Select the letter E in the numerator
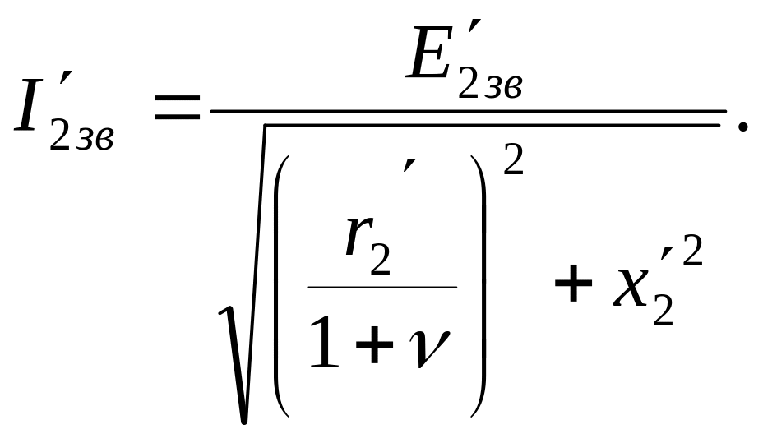(x=432, y=56)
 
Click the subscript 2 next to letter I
(x=60, y=136)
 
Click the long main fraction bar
(x=469, y=109)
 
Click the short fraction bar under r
(x=382, y=287)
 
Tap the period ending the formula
(x=742, y=125)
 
